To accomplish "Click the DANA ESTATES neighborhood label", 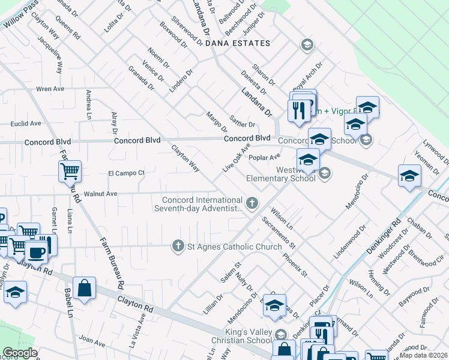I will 238,44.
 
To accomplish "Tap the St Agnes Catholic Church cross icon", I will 178,246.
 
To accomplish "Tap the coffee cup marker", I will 36,252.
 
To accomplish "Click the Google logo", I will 20,353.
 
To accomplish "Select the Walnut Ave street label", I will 100,194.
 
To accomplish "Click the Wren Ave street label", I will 50,89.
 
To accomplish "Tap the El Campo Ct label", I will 126,173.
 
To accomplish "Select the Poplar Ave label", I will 265,157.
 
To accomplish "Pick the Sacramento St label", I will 279,233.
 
